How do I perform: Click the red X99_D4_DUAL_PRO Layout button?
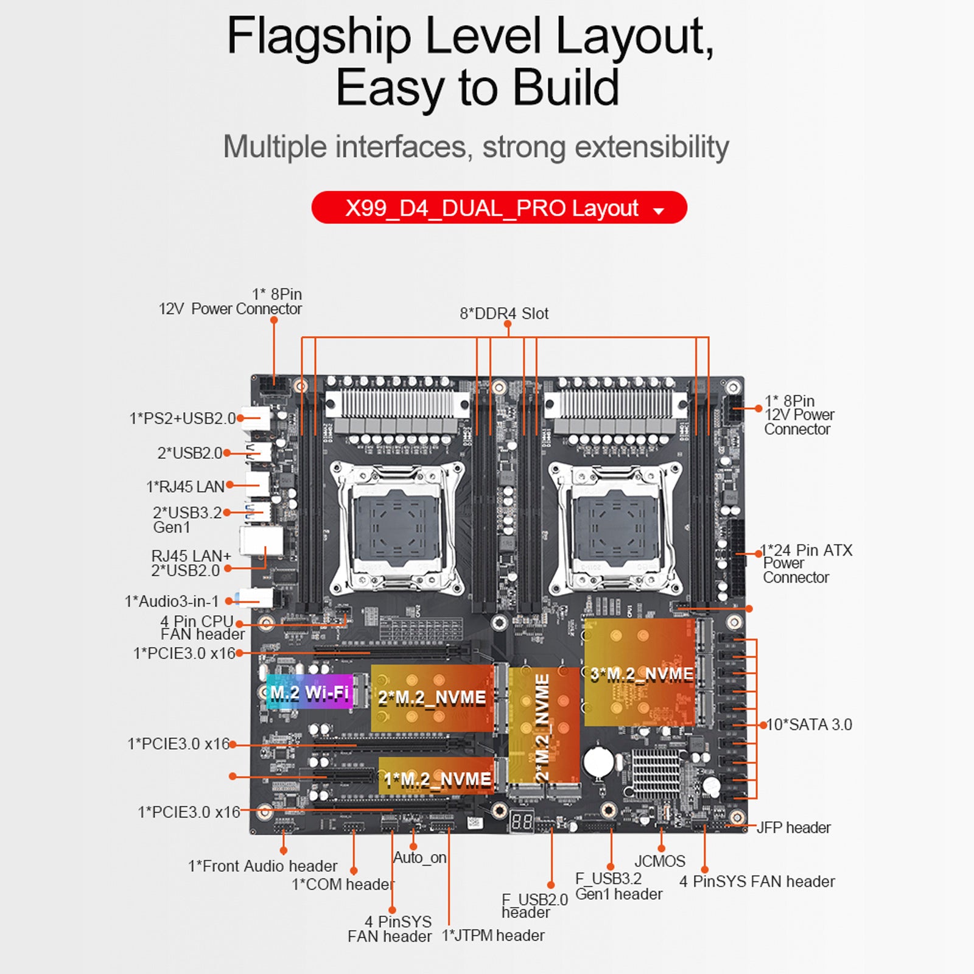pos(499,208)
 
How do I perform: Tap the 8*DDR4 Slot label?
pos(504,314)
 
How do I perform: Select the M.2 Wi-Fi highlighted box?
pos(310,692)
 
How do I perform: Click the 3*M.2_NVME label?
pos(642,674)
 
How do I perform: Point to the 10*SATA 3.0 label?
pos(809,724)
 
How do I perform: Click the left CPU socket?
pos(397,527)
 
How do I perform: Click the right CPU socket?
pos(615,527)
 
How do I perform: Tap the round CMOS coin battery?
pos(598,762)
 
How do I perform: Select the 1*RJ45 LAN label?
pos(185,486)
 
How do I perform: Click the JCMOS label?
pos(660,861)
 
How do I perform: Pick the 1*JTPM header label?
pos(493,935)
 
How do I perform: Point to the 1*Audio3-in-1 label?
pos(172,601)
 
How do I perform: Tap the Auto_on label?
pos(420,858)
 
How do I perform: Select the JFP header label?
pos(793,827)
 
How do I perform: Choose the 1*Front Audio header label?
pos(262,866)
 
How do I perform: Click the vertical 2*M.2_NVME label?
pos(542,727)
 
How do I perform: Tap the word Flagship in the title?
pos(318,37)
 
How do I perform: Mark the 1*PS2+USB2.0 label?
pos(182,418)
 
